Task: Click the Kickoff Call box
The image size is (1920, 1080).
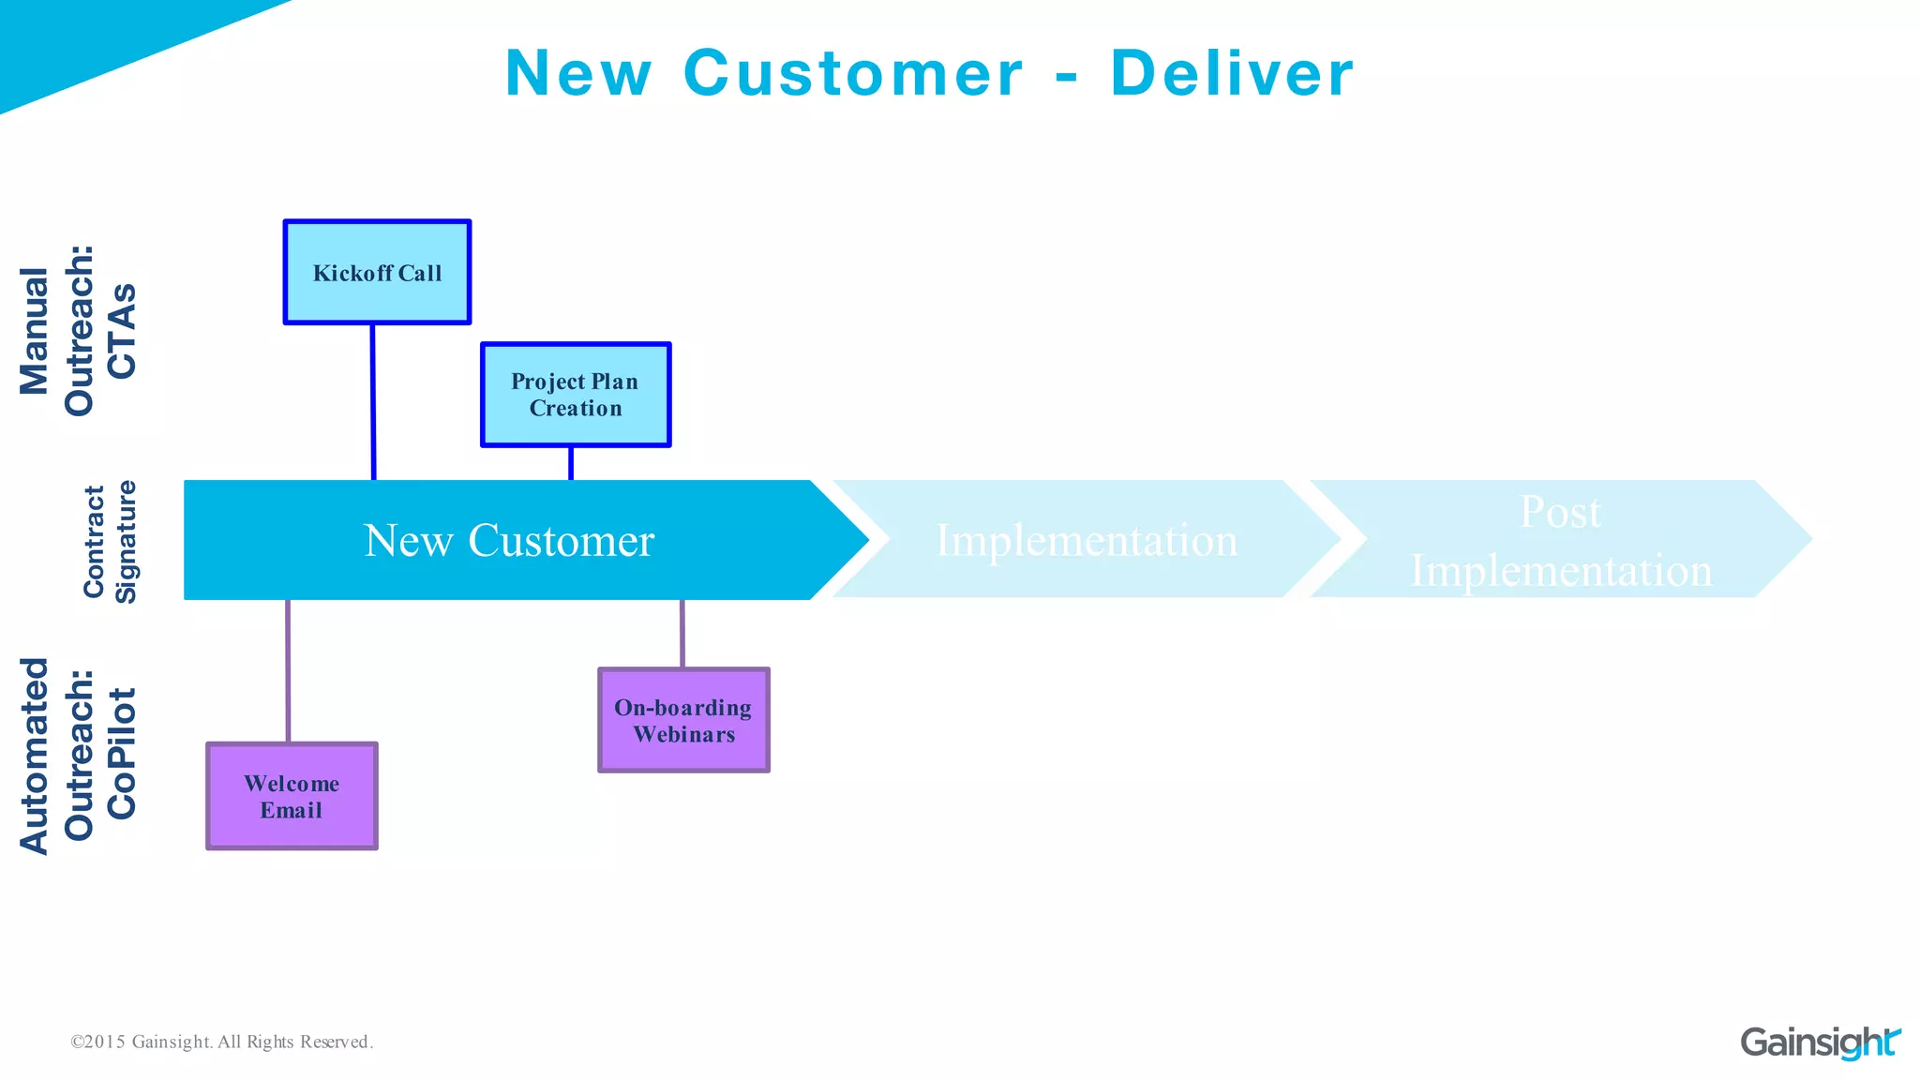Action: tap(377, 273)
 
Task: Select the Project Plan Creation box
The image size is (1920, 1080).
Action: tap(576, 395)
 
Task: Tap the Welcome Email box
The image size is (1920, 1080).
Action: tap(292, 796)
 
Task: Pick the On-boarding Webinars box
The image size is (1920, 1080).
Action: tap(683, 720)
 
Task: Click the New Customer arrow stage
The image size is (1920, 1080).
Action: tap(509, 540)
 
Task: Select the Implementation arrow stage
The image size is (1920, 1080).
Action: tap(1086, 540)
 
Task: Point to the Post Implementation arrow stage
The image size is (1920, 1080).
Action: tap(1561, 540)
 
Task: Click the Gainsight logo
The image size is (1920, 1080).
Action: tap(1820, 1042)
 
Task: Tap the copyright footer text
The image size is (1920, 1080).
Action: tap(222, 1042)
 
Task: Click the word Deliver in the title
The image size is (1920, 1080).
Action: tap(1232, 73)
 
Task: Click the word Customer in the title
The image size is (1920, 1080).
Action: tap(853, 73)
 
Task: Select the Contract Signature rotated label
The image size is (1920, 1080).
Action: tap(110, 541)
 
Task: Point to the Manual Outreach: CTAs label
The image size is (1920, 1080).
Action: tap(79, 330)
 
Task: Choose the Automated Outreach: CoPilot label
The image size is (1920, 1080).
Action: tap(79, 755)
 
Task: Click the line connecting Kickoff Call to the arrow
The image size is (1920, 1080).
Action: tap(373, 401)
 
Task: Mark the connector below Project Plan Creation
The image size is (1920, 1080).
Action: tap(571, 463)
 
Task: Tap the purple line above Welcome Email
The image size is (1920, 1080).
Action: tap(288, 670)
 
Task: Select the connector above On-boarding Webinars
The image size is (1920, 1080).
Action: tap(682, 634)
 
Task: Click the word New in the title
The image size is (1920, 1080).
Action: tap(578, 73)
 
